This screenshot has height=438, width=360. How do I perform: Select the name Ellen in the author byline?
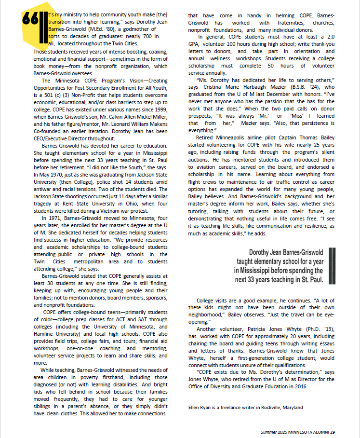[x=194, y=407]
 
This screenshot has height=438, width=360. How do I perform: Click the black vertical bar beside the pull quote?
[x=332, y=265]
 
